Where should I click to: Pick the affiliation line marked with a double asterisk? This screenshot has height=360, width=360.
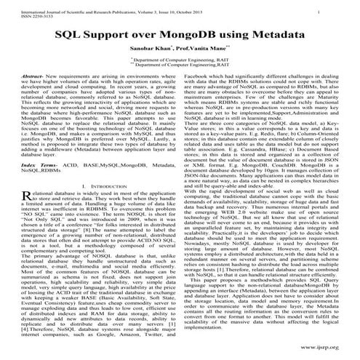(180, 67)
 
